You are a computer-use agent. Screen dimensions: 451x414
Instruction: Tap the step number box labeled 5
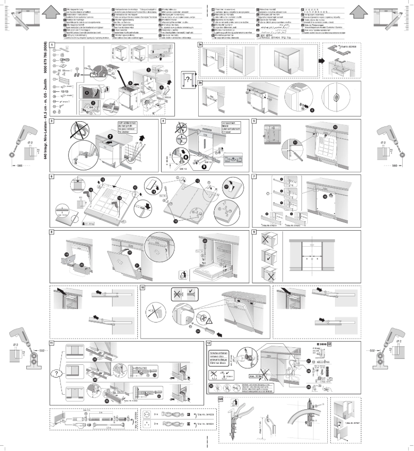point(254,121)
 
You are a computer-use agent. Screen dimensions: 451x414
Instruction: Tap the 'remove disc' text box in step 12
point(220,356)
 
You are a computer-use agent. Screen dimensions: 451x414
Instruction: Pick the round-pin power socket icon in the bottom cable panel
point(150,414)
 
